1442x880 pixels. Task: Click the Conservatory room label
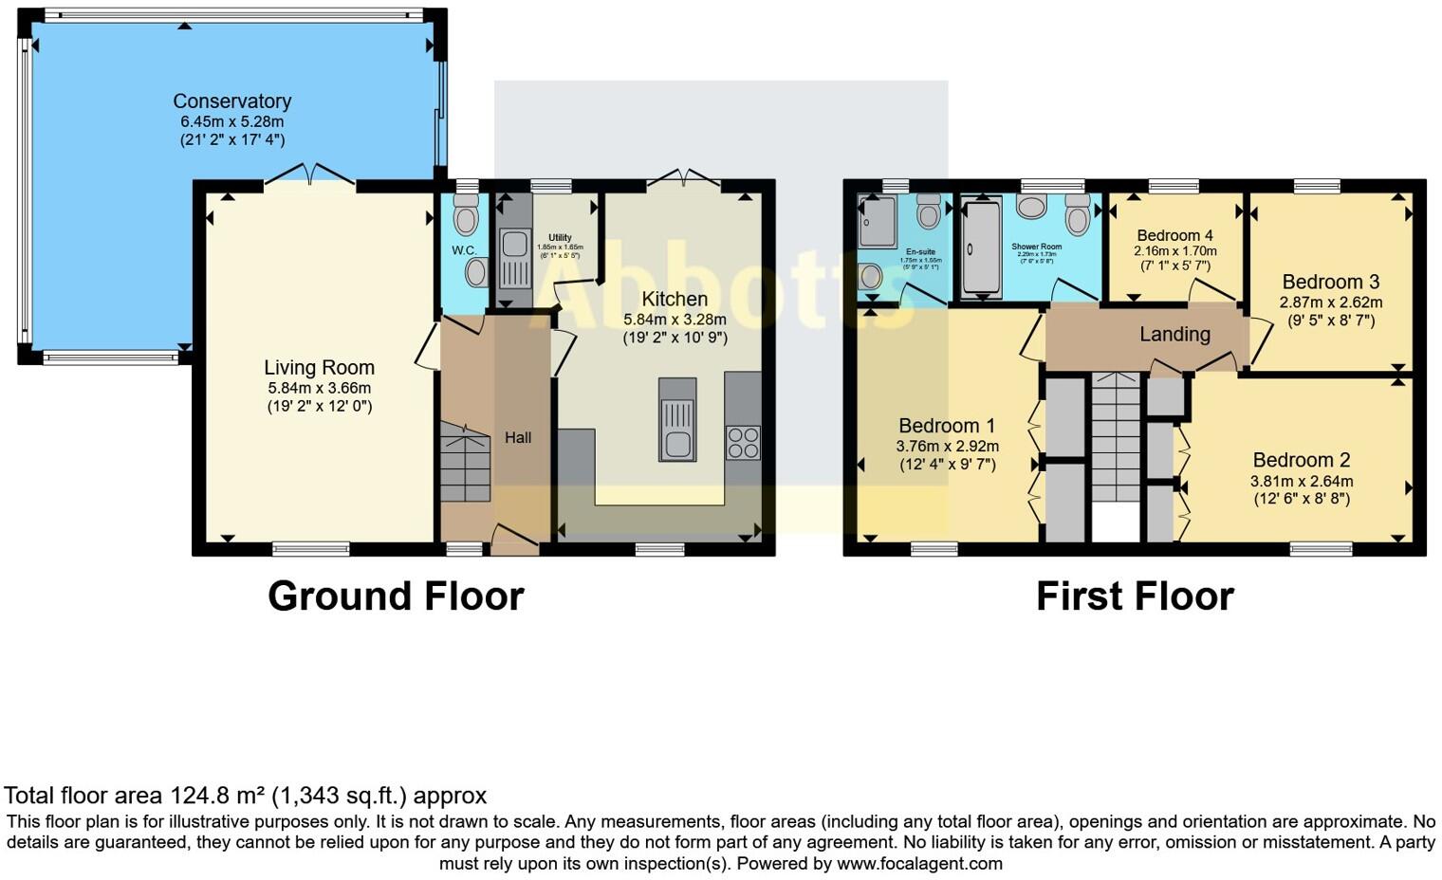point(231,101)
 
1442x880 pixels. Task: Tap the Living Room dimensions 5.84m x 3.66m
point(319,388)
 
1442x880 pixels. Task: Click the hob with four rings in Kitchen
point(742,443)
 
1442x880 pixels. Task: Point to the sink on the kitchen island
point(677,443)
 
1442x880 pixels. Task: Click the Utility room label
point(560,238)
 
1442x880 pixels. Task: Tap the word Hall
point(518,437)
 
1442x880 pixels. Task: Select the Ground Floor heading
point(396,596)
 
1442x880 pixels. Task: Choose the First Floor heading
point(1135,596)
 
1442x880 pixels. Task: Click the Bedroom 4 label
point(1174,235)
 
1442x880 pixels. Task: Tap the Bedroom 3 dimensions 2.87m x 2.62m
point(1330,302)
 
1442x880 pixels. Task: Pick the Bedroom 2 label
point(1301,460)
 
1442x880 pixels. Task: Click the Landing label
point(1174,334)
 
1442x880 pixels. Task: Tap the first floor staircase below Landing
point(1115,436)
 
